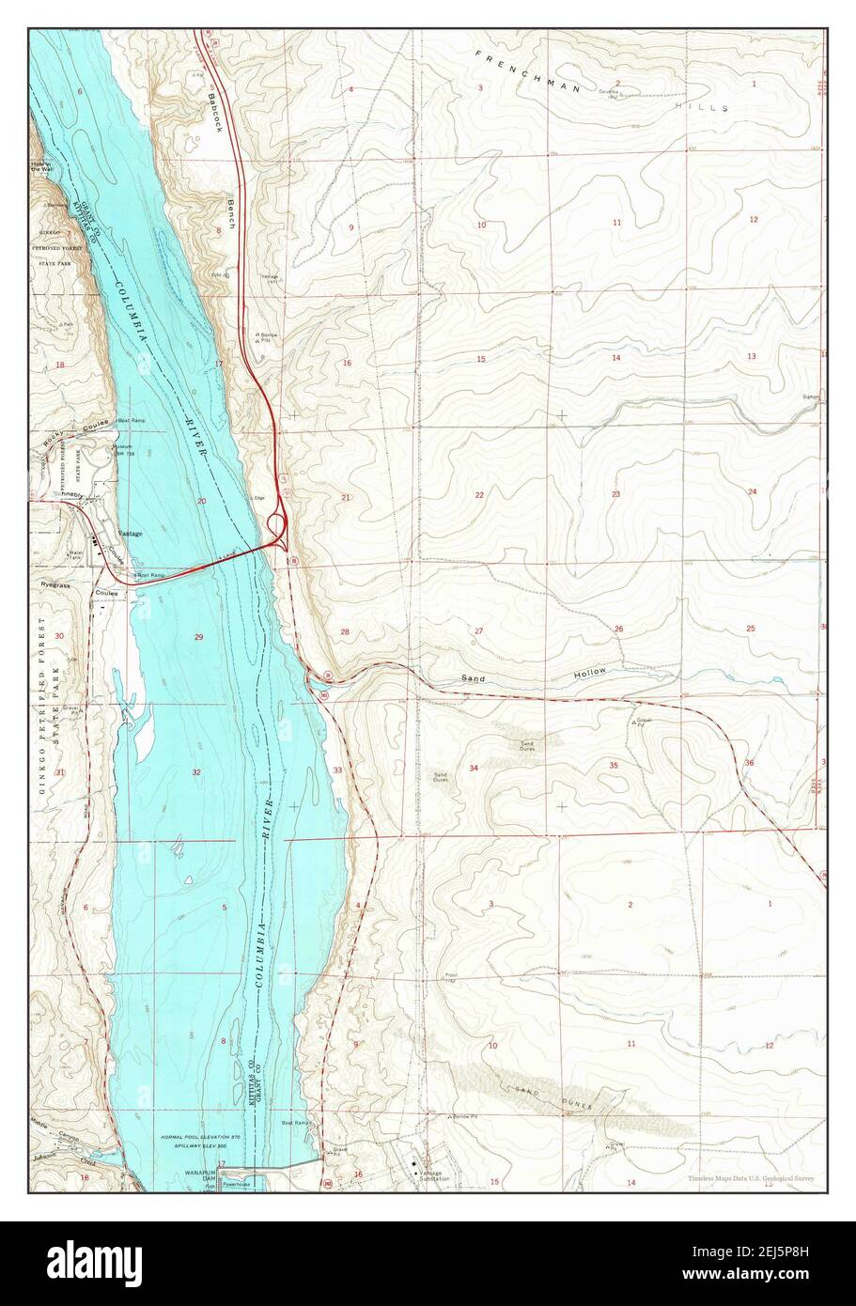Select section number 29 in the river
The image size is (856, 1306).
coord(198,638)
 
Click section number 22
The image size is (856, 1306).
coord(479,495)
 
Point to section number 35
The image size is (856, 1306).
coord(614,766)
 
